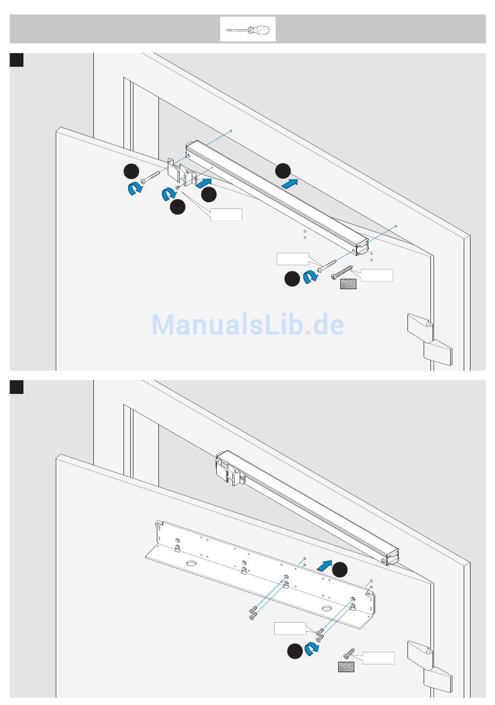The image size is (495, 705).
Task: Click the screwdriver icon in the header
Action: coord(247,30)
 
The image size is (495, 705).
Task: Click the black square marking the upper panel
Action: coord(17,59)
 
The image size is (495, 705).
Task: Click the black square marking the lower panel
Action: coord(17,387)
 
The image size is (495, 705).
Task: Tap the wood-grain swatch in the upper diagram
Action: coord(348,284)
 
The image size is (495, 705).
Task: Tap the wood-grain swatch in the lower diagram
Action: coord(346,666)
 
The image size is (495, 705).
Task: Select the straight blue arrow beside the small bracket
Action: coord(204,182)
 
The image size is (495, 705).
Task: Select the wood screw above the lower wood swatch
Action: coord(349,653)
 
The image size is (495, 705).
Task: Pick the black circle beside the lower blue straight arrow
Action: coord(340,570)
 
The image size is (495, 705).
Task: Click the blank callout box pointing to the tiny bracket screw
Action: coord(226,214)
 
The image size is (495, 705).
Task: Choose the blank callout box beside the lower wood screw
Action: coord(378,658)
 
